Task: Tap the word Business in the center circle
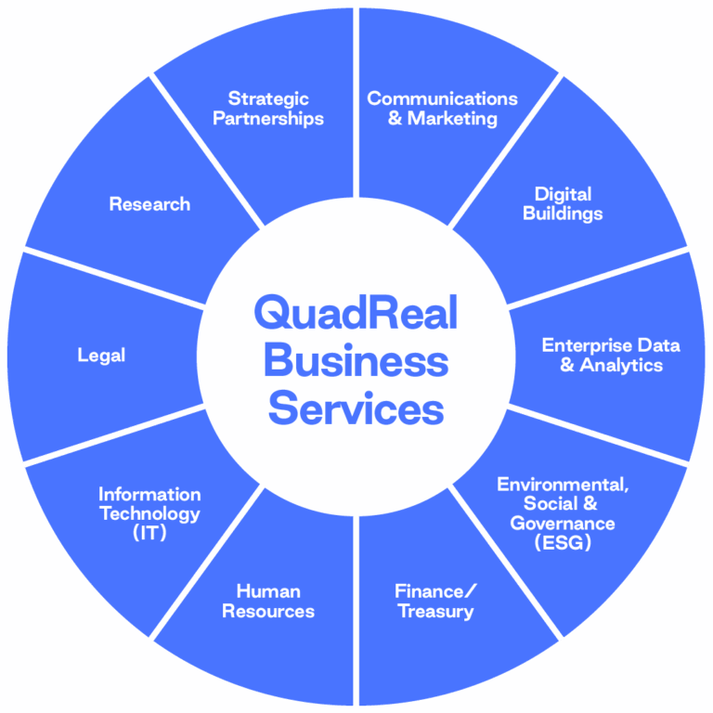pyautogui.click(x=356, y=361)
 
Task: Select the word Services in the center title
pyautogui.click(x=356, y=408)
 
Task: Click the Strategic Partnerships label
pyautogui.click(x=268, y=109)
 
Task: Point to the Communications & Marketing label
pyautogui.click(x=442, y=109)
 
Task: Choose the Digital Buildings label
pyautogui.click(x=563, y=204)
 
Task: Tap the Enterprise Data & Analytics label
pyautogui.click(x=611, y=356)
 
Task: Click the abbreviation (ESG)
pyautogui.click(x=563, y=543)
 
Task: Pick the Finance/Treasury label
pyautogui.click(x=435, y=602)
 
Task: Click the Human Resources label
pyautogui.click(x=268, y=602)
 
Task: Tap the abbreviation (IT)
pyautogui.click(x=149, y=533)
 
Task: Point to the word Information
pyautogui.click(x=149, y=494)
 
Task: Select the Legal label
pyautogui.click(x=101, y=356)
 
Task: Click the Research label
pyautogui.click(x=149, y=204)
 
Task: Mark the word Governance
pyautogui.click(x=563, y=524)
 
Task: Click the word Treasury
pyautogui.click(x=435, y=612)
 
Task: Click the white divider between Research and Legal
pyautogui.click(x=111, y=276)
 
